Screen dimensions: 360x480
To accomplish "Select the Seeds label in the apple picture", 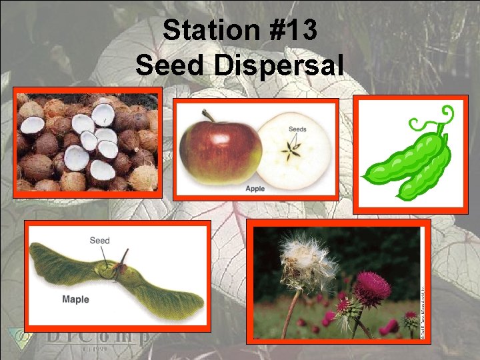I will pos(297,129).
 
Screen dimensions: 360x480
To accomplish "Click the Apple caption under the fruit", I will pos(255,189).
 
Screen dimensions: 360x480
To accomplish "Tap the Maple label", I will pos(75,299).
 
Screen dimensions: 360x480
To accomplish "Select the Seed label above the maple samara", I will pos(99,241).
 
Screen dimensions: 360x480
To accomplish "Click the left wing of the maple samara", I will pos(63,264).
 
